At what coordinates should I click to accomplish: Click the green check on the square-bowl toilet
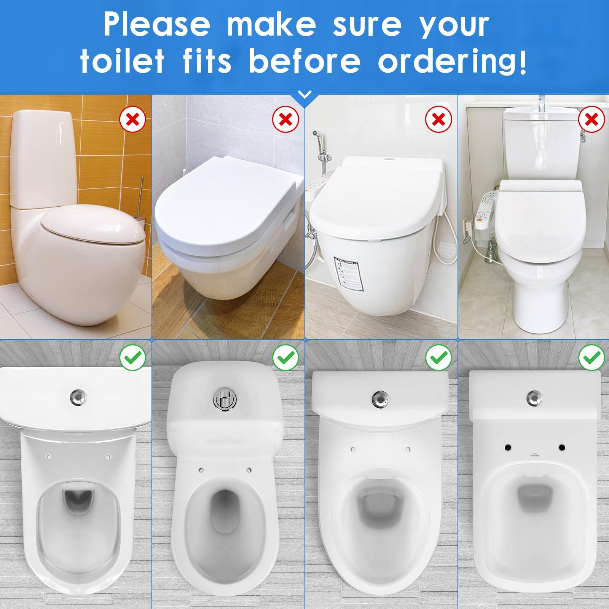pyautogui.click(x=591, y=357)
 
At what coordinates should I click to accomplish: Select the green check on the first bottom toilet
pyautogui.click(x=132, y=357)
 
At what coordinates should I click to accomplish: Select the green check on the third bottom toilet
pyautogui.click(x=439, y=357)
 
